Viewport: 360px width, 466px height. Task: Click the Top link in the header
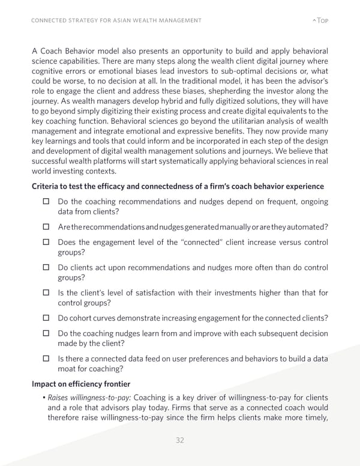[x=321, y=20]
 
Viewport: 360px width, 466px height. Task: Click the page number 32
[x=179, y=440]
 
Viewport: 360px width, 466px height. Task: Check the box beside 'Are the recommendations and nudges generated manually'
[x=46, y=226]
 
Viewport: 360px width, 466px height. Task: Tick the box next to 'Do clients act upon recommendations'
[x=46, y=268]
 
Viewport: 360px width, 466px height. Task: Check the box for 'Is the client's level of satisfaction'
[x=46, y=293]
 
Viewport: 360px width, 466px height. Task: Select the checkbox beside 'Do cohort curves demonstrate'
[x=46, y=318]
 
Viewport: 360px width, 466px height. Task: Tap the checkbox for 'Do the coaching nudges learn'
[x=46, y=334]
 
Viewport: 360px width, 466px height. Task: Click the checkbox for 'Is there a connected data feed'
[x=46, y=359]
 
